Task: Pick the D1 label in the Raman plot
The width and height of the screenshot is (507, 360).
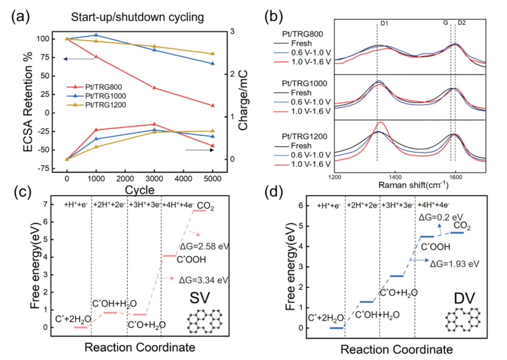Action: click(x=384, y=24)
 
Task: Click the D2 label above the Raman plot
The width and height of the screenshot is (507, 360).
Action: click(x=461, y=24)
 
